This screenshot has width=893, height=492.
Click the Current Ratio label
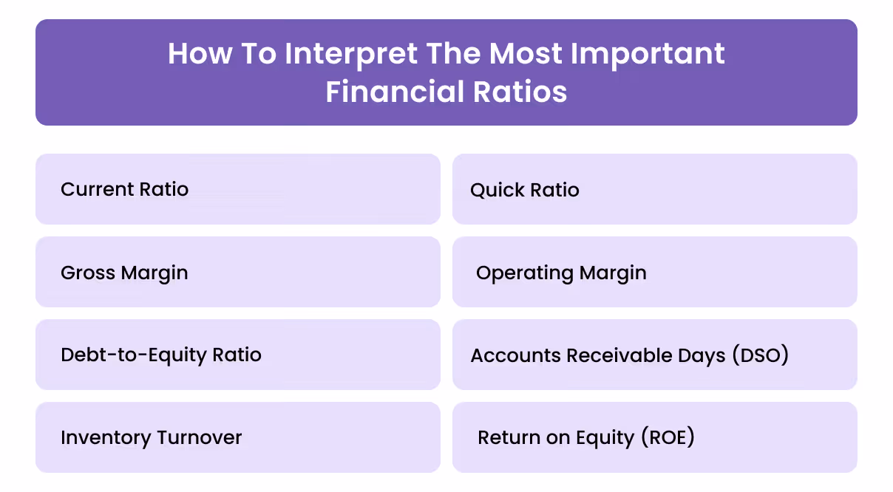point(124,189)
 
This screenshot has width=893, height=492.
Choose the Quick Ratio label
point(524,190)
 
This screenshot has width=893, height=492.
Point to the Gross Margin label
point(124,273)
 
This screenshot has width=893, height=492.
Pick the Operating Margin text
point(561,273)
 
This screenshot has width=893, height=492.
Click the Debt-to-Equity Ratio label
point(161,355)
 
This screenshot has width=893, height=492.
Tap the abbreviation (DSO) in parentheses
point(760,355)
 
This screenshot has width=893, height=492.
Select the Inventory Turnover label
point(151,437)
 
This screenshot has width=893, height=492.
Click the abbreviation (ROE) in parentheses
point(667,437)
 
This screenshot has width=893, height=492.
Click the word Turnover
point(199,437)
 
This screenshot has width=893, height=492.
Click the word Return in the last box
point(506,437)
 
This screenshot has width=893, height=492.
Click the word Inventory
point(106,437)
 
